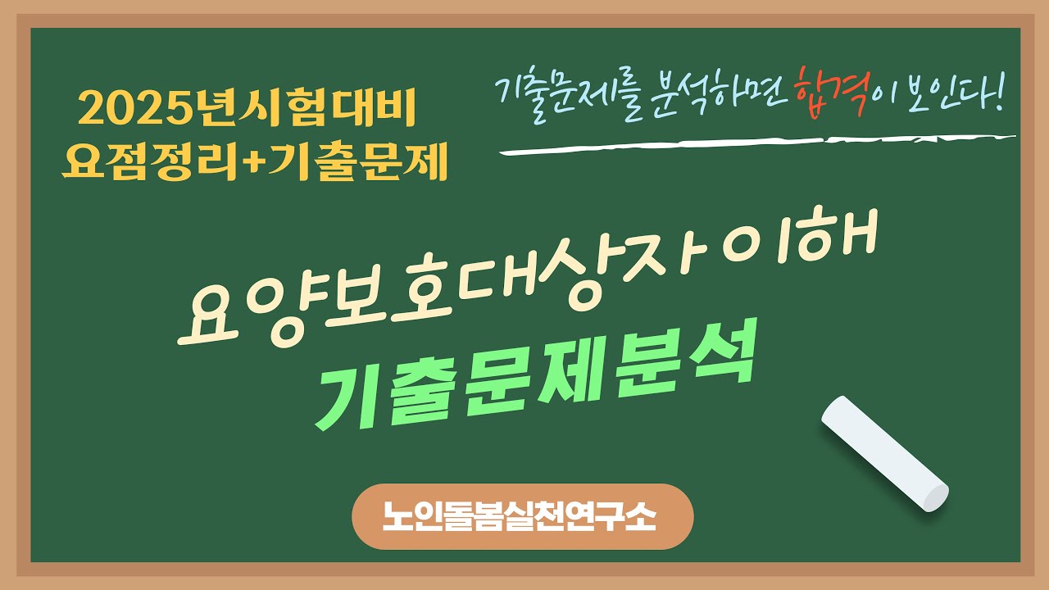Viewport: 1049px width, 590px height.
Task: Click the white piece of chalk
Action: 884,454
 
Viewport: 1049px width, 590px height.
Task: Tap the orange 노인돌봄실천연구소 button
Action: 523,516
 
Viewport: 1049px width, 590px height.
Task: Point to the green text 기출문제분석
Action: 533,385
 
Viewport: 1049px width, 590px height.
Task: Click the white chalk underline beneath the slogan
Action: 757,144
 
